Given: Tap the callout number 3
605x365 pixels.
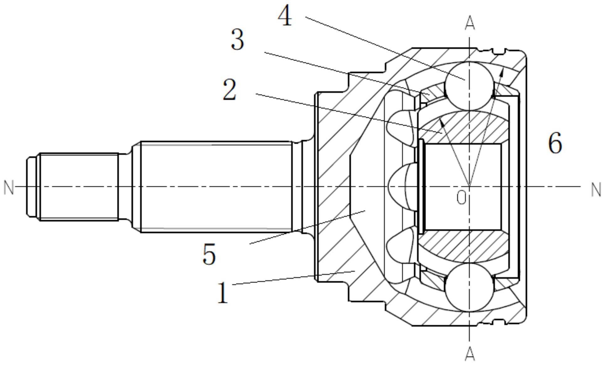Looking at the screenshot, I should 237,40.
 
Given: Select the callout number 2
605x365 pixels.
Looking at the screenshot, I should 229,90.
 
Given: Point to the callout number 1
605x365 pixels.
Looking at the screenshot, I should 223,293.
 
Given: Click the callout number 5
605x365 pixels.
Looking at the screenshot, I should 209,254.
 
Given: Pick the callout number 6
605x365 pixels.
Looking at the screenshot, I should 555,143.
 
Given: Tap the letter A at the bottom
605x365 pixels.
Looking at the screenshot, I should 469,354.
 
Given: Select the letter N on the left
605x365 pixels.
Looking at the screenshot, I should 9,188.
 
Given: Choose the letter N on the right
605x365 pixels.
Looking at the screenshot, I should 596,190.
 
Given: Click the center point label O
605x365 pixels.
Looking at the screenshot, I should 461,198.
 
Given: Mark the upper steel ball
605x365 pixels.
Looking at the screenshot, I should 469,86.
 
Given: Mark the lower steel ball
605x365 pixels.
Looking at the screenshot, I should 469,287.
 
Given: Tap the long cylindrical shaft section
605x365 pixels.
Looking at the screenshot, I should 216,187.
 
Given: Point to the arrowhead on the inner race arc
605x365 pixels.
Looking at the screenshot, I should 442,122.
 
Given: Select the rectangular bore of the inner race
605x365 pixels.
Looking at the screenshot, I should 462,187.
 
